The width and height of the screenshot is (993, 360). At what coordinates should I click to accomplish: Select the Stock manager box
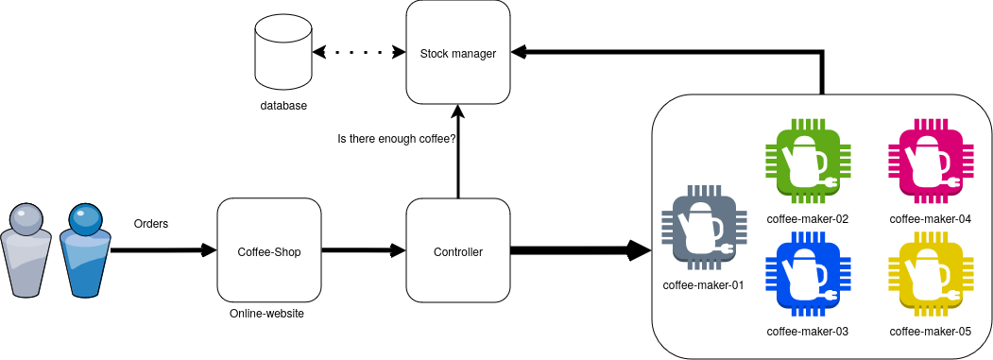tap(458, 53)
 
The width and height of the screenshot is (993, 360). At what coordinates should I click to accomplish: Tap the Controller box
tap(458, 251)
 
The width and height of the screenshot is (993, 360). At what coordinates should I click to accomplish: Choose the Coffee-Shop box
tap(269, 251)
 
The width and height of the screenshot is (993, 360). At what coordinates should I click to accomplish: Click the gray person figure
tap(27, 250)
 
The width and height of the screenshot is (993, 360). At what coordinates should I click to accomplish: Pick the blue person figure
tap(85, 250)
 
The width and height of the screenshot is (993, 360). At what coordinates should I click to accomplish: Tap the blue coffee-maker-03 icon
tap(808, 280)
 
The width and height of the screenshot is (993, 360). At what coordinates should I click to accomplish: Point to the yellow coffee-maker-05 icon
tap(931, 280)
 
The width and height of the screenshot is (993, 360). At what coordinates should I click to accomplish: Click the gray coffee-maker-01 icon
tap(704, 227)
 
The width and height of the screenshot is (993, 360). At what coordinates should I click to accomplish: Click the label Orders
tap(151, 224)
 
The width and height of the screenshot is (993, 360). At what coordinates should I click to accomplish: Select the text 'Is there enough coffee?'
tap(397, 138)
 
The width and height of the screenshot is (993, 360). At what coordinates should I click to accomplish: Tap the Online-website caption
tap(266, 314)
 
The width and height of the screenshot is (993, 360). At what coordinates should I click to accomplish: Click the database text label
tap(283, 106)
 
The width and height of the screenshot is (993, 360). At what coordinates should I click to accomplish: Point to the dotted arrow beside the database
tap(359, 53)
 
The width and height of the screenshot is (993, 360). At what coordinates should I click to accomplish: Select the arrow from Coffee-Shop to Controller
tap(364, 250)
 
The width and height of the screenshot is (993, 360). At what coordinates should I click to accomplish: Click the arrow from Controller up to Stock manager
tap(458, 151)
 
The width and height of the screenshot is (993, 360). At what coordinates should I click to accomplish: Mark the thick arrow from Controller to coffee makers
tap(581, 250)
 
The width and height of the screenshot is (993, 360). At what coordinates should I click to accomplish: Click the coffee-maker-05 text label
tap(931, 332)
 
